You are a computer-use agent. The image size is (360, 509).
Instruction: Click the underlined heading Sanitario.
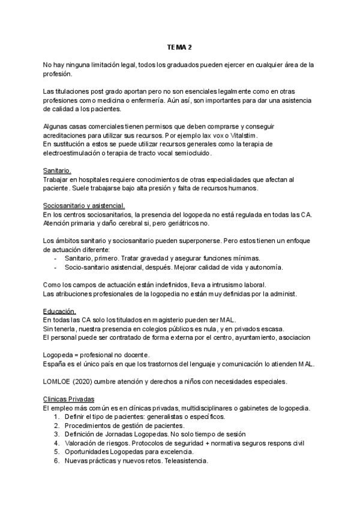coord(58,171)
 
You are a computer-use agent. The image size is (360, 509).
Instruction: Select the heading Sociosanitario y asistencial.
coord(84,206)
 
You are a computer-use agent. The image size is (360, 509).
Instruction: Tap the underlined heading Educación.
coord(59,311)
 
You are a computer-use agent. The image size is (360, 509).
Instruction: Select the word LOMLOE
coord(58,381)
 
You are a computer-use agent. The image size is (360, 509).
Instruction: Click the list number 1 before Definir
coord(58,417)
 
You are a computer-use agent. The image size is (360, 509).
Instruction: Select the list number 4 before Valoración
coord(58,443)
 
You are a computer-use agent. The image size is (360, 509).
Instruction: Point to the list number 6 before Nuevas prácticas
coord(58,460)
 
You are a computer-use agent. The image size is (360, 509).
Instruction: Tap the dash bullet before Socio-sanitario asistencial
coord(56,267)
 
